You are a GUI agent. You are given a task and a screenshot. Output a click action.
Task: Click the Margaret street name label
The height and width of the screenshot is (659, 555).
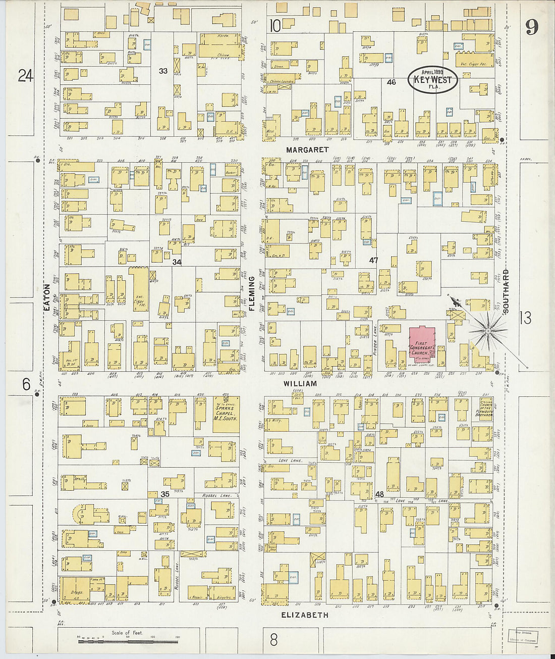307,150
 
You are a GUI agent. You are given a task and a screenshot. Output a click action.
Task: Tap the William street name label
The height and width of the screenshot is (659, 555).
300,384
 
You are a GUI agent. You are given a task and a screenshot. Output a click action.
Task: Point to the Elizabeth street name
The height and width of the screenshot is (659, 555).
305,615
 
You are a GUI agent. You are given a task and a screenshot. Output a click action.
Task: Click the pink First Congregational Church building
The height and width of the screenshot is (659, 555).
422,344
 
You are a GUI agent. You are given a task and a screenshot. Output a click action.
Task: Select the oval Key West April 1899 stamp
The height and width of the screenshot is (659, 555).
433,80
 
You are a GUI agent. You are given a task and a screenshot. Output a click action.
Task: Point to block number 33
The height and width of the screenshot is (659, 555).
163,71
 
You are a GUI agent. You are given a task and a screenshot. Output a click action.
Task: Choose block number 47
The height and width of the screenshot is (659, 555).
373,261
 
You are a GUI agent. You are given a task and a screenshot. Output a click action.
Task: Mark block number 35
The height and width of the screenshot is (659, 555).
165,494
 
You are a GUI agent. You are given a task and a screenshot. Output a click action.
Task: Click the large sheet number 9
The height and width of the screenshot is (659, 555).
531,27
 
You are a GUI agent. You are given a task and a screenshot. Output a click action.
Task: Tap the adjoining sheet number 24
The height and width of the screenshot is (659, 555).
25,76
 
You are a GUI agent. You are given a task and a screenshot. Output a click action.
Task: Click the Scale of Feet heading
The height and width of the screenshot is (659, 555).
127,633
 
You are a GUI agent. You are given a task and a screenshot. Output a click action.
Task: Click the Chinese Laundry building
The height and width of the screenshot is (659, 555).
282,81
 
